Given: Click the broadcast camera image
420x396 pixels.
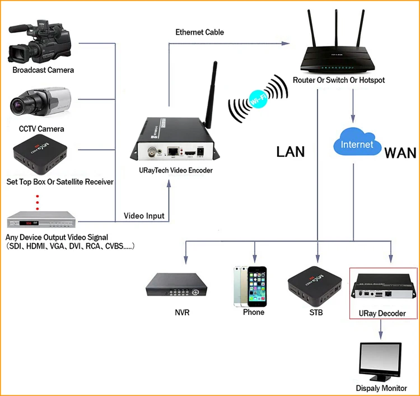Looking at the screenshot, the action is click(x=40, y=41).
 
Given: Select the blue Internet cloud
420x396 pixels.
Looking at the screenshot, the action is click(x=357, y=142).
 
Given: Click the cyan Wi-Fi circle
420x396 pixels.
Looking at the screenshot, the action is click(x=258, y=99).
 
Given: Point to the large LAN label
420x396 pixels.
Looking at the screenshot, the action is click(x=291, y=152).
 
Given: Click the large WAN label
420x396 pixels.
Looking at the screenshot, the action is click(x=400, y=153).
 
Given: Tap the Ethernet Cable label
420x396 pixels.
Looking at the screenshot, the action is click(x=199, y=32).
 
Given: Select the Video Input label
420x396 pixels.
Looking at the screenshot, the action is click(x=144, y=216).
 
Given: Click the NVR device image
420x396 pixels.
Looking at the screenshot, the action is click(x=176, y=285).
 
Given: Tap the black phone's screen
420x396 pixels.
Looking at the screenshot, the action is click(x=257, y=287).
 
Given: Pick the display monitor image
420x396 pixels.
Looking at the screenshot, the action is click(x=380, y=362).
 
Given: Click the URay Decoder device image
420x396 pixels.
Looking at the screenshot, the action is click(x=383, y=287).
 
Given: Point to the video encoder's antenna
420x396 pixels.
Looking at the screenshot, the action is click(x=211, y=95).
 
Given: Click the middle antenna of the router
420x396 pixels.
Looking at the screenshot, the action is click(x=336, y=31).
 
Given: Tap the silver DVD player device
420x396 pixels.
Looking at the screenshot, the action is click(x=41, y=220).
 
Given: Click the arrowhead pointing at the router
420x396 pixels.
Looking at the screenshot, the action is click(x=285, y=43).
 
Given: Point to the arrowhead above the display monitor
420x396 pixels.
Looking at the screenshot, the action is click(x=381, y=336).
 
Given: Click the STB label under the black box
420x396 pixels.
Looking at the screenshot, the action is click(x=316, y=313).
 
